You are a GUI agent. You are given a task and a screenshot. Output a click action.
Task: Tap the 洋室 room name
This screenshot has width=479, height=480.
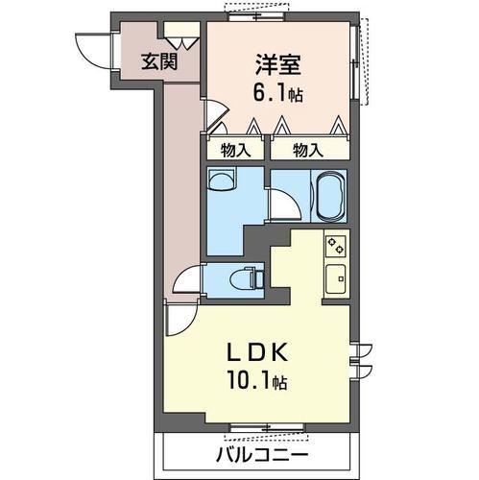279,65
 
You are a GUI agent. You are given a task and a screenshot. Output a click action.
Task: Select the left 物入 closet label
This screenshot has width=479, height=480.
234,150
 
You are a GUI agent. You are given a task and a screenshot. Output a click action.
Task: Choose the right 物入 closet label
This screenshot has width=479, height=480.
307,150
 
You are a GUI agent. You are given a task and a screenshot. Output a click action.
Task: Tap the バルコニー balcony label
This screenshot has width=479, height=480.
260,453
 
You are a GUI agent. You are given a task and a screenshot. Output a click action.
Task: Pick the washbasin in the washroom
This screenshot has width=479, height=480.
222,182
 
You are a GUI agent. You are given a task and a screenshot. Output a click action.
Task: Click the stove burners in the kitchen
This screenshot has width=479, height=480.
336,247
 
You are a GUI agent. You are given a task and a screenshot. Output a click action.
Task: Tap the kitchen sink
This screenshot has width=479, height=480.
337,279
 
